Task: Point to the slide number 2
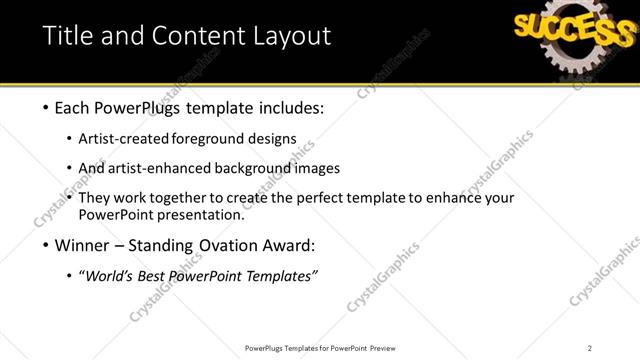pos(590,348)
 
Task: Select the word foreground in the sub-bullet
pos(231,138)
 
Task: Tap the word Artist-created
pos(137,138)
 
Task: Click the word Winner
pos(79,245)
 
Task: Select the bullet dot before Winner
pos(47,245)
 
